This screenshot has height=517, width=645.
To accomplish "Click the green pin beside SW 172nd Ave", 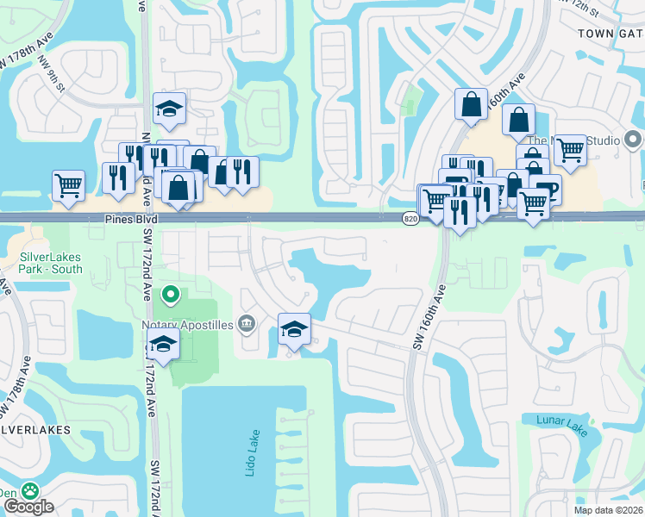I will pos(171,296).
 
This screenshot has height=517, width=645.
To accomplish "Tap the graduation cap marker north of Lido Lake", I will pos(294,329).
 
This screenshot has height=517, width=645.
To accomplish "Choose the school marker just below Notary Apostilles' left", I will pos(162,344).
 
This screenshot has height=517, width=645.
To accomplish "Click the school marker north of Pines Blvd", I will pos(169,108).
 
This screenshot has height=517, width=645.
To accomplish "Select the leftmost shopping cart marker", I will pos(68,184).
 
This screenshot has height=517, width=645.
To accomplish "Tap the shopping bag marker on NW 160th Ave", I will pos(472,104).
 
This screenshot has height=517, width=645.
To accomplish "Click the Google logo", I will pos(28,508).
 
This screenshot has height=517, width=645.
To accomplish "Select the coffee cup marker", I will pos(548,190).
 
